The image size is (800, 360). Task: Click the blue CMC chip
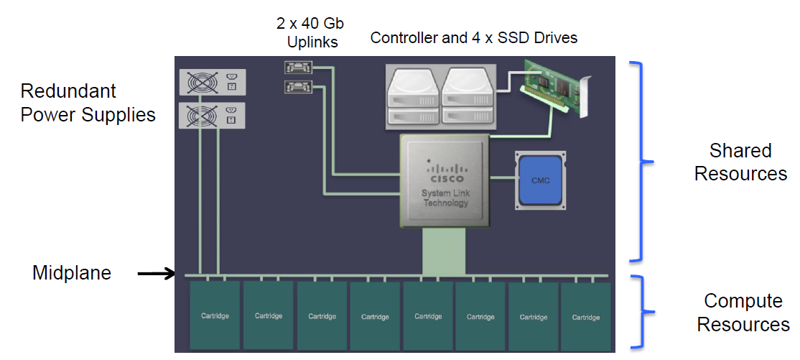point(540,180)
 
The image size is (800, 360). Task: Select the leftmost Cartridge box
point(215,315)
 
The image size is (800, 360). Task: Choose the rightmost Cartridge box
point(585,316)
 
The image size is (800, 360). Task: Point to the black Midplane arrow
point(156,273)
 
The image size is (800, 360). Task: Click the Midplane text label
point(72,273)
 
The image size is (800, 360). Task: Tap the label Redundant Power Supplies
point(88,103)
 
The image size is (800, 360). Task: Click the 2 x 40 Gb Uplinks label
point(312,33)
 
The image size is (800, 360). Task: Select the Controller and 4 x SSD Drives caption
point(474,38)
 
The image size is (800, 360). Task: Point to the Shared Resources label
point(740,162)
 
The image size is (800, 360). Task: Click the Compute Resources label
point(743,313)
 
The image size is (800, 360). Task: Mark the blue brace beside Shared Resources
point(640,162)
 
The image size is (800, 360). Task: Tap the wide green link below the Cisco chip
point(445,251)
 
